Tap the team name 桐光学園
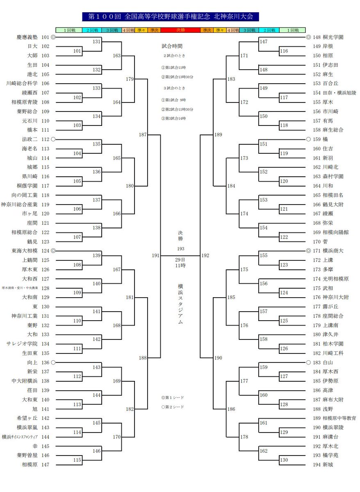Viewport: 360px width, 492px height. click(x=333, y=37)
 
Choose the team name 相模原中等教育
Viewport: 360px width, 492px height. click(x=339, y=418)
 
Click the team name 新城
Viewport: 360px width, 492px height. click(x=328, y=465)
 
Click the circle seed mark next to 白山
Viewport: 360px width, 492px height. click(x=308, y=362)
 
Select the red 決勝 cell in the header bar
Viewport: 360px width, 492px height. click(x=180, y=30)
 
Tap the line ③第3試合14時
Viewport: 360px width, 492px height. click(x=173, y=118)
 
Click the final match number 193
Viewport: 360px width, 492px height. click(x=181, y=249)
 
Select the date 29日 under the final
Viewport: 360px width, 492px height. click(x=180, y=260)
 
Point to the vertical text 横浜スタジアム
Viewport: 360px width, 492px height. click(x=180, y=304)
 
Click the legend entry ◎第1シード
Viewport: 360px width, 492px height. click(x=173, y=398)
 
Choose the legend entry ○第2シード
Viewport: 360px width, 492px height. click(x=173, y=407)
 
